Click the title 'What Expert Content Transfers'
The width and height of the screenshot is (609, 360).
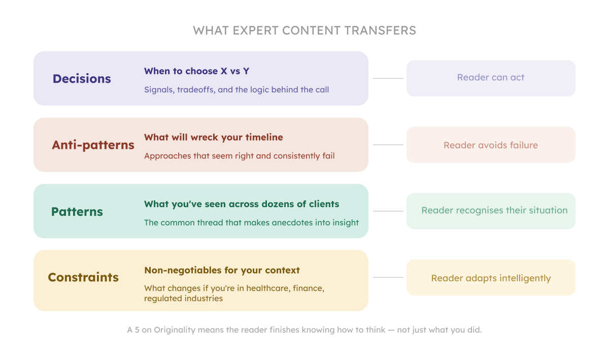(304, 30)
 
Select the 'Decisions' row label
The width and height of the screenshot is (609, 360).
(82, 79)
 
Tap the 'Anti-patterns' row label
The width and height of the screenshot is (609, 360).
(93, 145)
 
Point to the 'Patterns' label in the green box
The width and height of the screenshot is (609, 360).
(77, 212)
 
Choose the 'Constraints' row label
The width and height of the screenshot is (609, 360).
(83, 278)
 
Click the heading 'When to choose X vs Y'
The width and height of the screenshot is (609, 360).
(196, 71)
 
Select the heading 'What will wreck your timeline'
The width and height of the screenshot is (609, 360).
(213, 138)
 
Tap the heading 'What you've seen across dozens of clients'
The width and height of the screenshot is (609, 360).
(242, 204)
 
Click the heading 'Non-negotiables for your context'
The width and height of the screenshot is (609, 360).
(222, 270)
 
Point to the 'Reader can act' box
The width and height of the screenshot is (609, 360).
(491, 78)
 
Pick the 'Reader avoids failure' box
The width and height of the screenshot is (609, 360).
(491, 145)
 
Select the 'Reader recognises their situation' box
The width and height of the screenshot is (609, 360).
(491, 211)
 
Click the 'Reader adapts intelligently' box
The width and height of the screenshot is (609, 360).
(491, 278)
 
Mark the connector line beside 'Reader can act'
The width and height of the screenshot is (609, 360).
(388, 79)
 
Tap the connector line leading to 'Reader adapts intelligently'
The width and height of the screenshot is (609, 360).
(388, 278)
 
